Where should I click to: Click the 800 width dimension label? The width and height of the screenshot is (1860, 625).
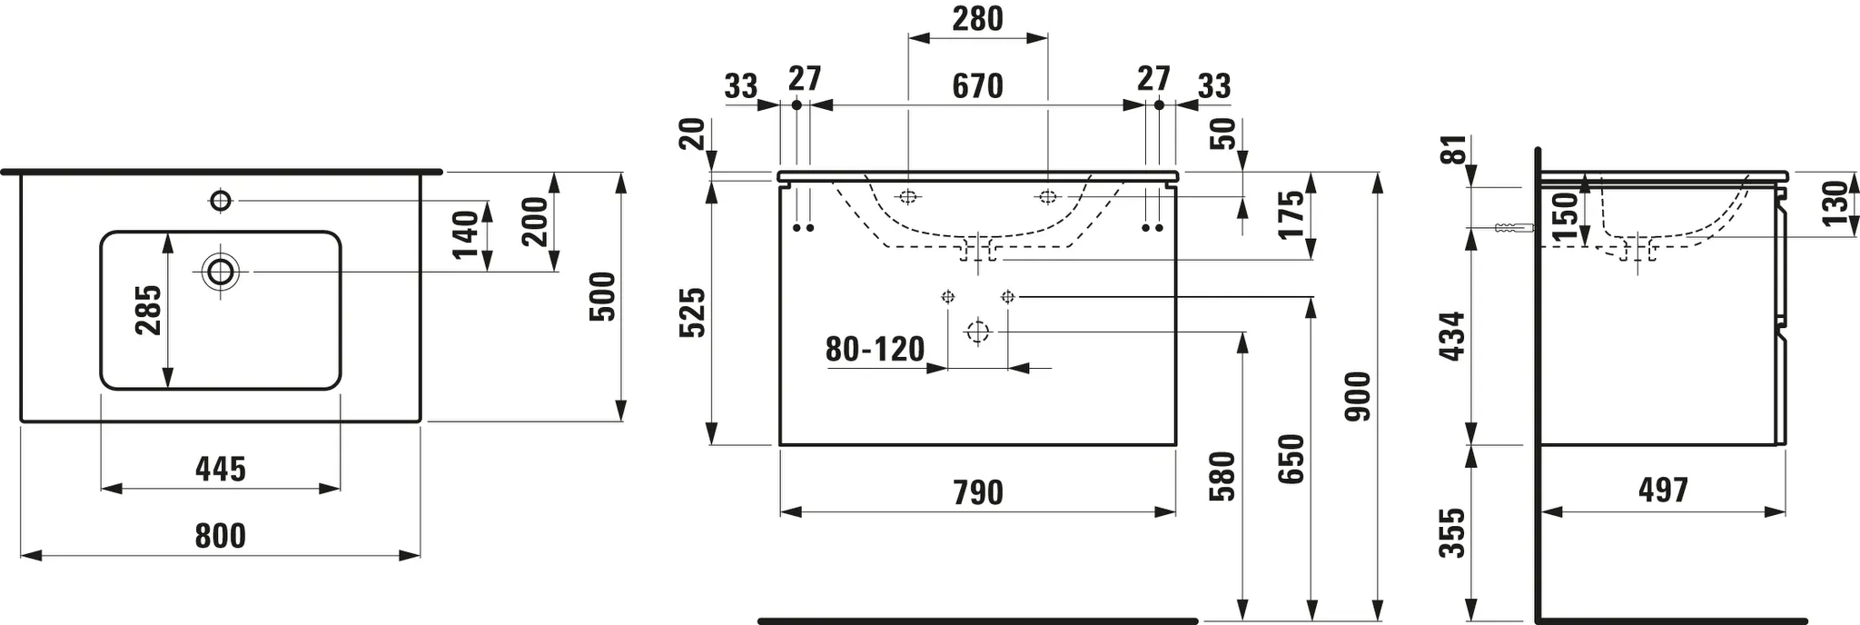coord(221,536)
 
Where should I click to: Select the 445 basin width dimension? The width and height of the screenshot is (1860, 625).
coord(221,470)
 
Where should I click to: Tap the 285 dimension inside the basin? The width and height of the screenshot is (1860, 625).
coord(148,310)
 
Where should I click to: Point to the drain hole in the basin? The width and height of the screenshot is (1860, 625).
coord(221,271)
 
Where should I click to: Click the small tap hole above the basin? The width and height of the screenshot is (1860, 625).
coord(221,200)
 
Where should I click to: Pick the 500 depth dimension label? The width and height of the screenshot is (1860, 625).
coord(602,296)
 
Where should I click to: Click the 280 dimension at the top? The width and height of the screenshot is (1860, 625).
coord(977,18)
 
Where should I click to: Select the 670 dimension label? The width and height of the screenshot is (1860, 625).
coord(977,86)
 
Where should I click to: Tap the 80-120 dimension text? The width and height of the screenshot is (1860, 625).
coord(875,349)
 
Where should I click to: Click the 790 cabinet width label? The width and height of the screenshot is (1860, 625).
coord(978,493)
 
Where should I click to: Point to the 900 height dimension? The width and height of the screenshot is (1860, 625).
coord(1358,396)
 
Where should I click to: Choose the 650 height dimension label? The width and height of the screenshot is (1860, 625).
coord(1291,459)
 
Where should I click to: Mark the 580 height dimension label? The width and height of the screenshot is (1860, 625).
coord(1222,477)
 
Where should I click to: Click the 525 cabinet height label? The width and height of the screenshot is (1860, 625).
coord(693,312)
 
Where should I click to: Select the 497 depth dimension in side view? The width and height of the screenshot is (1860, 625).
coord(1663,491)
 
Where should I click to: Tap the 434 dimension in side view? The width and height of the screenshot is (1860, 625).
coord(1453,336)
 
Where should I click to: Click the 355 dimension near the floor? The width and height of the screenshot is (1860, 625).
coord(1453,533)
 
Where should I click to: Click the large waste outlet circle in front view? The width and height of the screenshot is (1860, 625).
coord(977,332)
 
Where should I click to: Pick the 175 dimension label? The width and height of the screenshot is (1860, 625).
coord(1291,213)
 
